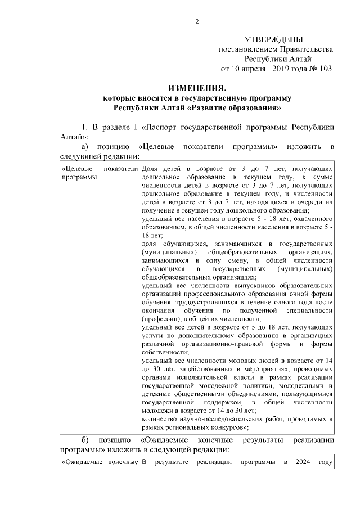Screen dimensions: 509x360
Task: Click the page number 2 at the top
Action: pyautogui.click(x=197, y=21)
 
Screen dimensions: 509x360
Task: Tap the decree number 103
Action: pyautogui.click(x=323, y=69)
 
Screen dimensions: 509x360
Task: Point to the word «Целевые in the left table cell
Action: pyautogui.click(x=78, y=168)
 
